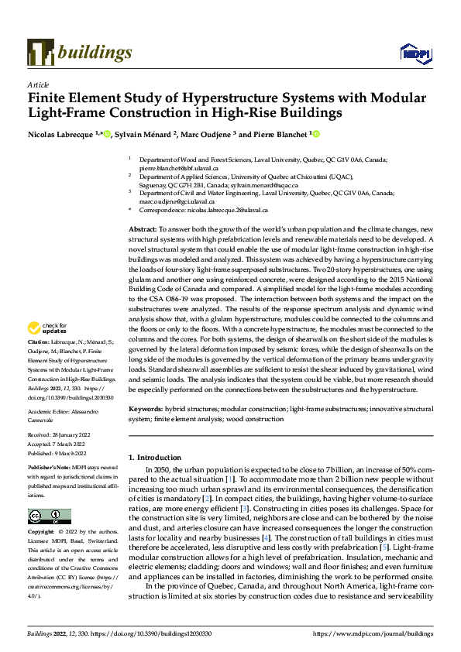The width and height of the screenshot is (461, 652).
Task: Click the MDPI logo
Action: coord(411,53)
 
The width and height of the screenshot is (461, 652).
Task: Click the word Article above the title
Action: coord(38,84)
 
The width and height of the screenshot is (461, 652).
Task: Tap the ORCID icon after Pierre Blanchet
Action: coord(316,134)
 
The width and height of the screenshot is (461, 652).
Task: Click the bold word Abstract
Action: coord(142,231)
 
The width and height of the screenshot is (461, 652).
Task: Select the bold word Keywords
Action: coord(146,407)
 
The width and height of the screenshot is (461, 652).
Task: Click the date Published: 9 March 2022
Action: coord(59,454)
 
